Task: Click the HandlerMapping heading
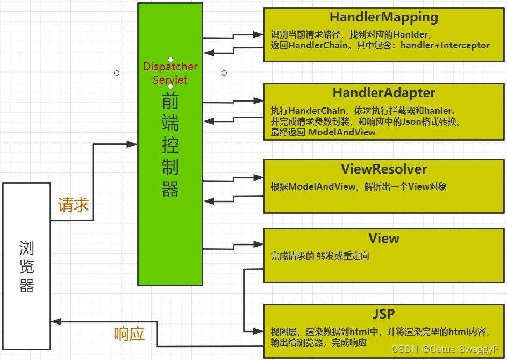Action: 383,17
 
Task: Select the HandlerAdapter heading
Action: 383,93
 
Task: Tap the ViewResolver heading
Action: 383,169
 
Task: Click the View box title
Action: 383,238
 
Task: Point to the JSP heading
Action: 383,313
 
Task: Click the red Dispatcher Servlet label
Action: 170,73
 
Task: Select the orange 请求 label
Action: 73,205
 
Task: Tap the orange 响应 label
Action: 130,334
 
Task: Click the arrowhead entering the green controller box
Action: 132,144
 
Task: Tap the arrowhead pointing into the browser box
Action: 56,322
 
